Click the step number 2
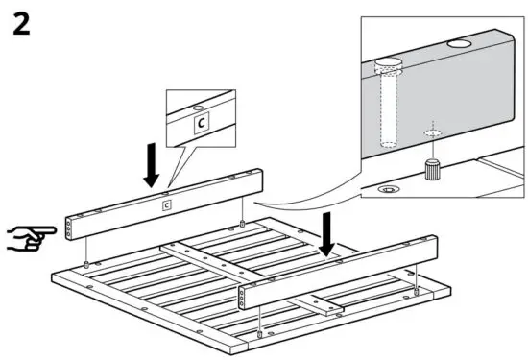click(21, 25)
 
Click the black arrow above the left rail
click(151, 165)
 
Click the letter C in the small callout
click(202, 124)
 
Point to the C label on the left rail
click(165, 204)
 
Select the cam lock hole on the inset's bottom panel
click(388, 190)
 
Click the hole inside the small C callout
click(198, 108)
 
